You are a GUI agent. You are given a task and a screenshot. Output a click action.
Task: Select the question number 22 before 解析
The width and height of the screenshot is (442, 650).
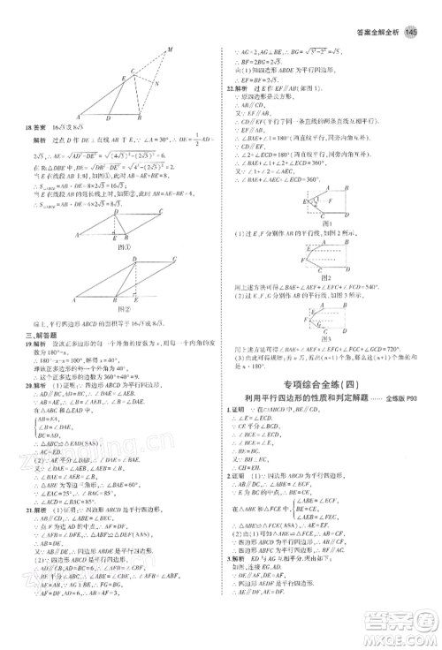pyautogui.click(x=230, y=89)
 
